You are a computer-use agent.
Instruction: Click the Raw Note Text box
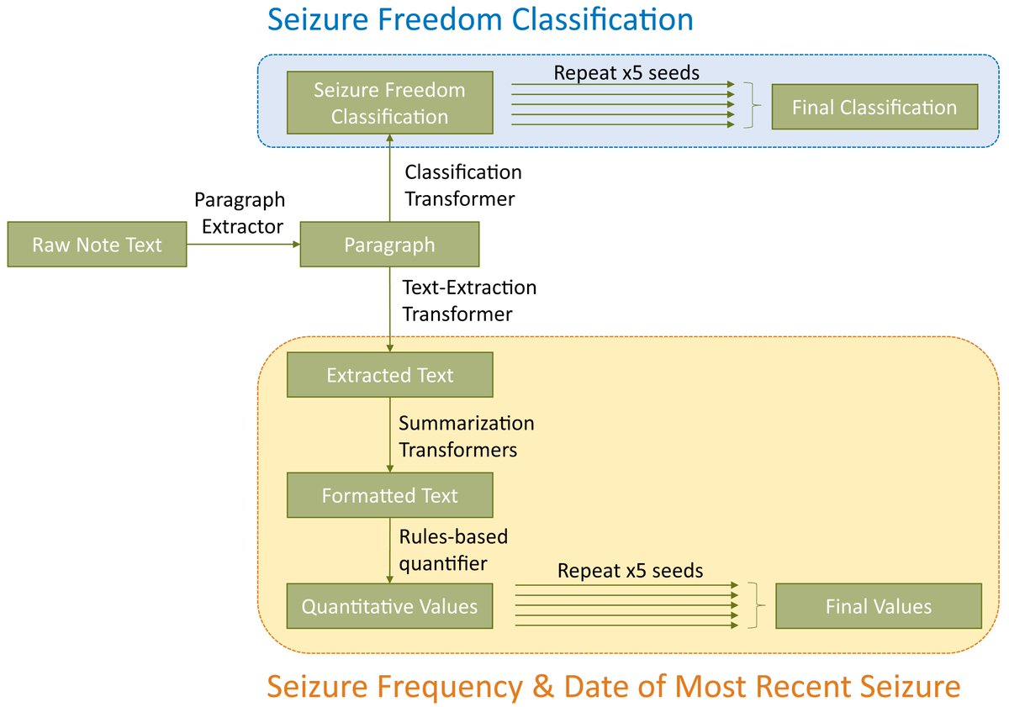97,245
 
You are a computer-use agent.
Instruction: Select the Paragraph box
389,245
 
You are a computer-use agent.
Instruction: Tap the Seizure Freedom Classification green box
389,103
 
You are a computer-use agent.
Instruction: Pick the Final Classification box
874,107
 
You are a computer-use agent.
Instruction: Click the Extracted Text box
389,375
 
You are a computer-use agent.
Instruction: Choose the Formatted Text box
389,495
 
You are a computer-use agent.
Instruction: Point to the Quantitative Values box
389,605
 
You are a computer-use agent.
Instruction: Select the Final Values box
879,606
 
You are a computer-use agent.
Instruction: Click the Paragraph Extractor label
240,213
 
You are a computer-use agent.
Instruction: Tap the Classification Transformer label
462,185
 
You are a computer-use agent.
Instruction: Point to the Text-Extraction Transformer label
468,300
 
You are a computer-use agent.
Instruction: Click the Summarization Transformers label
466,435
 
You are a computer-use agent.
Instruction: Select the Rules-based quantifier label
453,549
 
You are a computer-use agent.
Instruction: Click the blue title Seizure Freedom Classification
480,19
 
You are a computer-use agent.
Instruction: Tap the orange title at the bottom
613,687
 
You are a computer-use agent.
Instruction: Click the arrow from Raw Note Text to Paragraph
243,244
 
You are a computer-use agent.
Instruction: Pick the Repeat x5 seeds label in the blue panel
626,72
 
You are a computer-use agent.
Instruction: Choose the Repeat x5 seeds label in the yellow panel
630,572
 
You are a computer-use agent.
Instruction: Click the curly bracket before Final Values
762,605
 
